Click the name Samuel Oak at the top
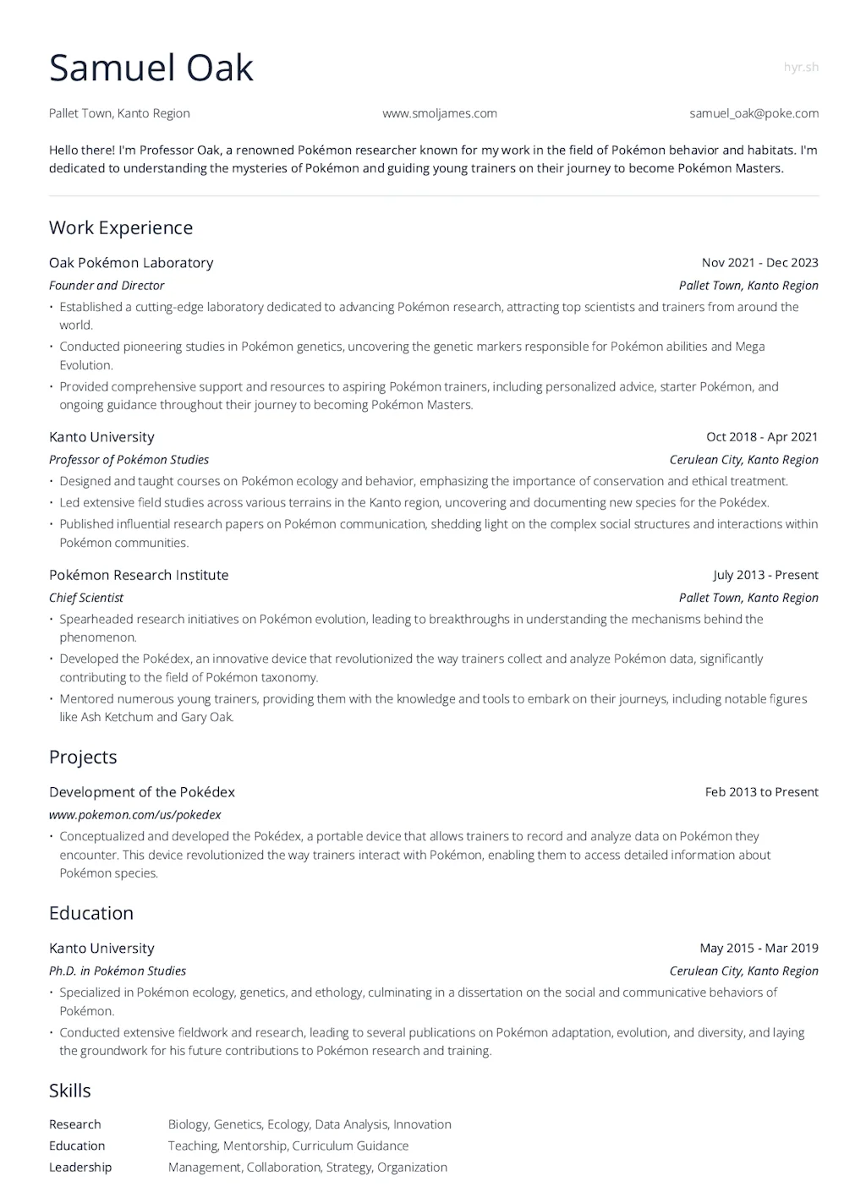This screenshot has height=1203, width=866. pyautogui.click(x=151, y=68)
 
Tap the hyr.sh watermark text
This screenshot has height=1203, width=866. pyautogui.click(x=800, y=68)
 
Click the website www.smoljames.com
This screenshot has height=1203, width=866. pyautogui.click(x=440, y=113)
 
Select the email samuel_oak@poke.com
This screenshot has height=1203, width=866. pyautogui.click(x=754, y=113)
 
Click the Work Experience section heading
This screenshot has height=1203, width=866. pyautogui.click(x=121, y=227)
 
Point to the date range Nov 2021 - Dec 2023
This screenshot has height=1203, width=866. pyautogui.click(x=759, y=263)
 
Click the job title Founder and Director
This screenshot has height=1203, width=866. pyautogui.click(x=107, y=286)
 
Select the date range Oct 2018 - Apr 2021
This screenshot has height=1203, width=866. pyautogui.click(x=762, y=437)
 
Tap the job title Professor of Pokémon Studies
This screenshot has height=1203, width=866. pyautogui.click(x=129, y=460)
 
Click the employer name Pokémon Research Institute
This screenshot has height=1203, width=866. pyautogui.click(x=139, y=575)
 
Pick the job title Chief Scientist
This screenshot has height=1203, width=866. pyautogui.click(x=86, y=598)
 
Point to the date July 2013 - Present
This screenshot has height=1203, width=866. pyautogui.click(x=765, y=575)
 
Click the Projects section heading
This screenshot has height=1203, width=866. pyautogui.click(x=83, y=757)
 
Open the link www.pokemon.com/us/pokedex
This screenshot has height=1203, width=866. pyautogui.click(x=135, y=815)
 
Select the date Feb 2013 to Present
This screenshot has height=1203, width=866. pyautogui.click(x=761, y=792)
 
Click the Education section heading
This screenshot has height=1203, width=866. pyautogui.click(x=91, y=913)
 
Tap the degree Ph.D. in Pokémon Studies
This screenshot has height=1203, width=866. pyautogui.click(x=118, y=971)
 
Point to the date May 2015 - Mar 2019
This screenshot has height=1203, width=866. pyautogui.click(x=759, y=949)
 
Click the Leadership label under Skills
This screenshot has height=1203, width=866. pyautogui.click(x=80, y=1167)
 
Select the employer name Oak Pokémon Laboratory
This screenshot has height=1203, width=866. pyautogui.click(x=131, y=263)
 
